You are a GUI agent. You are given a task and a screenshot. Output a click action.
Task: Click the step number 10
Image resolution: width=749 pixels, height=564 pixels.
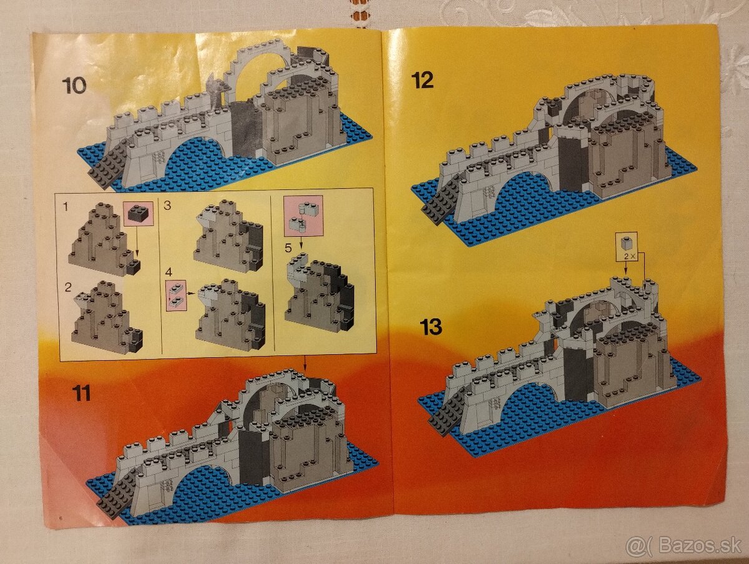(x=74, y=86)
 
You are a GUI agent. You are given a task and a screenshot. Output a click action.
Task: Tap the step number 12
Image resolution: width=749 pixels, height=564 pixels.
(x=423, y=80)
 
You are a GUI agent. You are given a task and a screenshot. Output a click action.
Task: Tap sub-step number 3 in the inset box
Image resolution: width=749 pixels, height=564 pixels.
(x=167, y=205)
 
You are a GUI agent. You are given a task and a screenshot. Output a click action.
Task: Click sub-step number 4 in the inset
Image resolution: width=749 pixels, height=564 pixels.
(x=168, y=273)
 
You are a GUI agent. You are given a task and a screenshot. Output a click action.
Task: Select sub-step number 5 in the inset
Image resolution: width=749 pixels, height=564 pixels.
(x=288, y=247)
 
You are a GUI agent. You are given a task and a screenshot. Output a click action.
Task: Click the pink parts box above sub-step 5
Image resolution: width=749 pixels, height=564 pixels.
(x=303, y=215)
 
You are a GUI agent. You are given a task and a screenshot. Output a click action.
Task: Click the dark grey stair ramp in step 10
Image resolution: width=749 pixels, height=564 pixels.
(x=109, y=169)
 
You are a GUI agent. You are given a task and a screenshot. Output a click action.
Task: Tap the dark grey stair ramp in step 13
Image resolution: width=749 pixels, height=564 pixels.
(x=447, y=413)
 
